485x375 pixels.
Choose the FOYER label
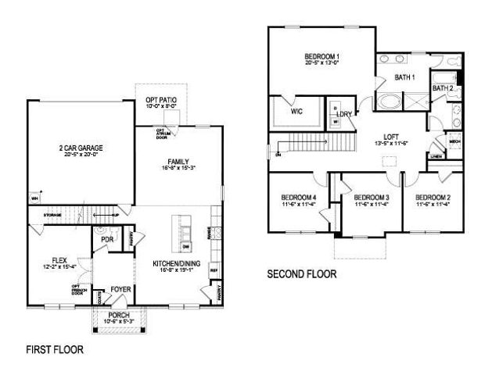click(x=120, y=290)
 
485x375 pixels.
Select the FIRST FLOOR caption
click(x=54, y=349)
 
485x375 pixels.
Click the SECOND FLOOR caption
click(x=302, y=274)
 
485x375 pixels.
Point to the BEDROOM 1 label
click(x=322, y=57)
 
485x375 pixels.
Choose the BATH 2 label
click(x=443, y=89)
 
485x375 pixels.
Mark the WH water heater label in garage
click(x=34, y=198)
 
